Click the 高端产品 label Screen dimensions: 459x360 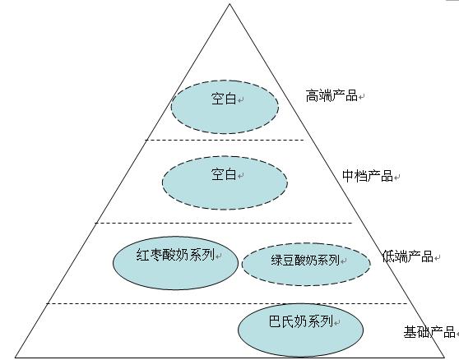coord(331,95)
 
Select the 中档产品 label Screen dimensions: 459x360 coord(368,176)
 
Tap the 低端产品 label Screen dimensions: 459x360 coord(407,256)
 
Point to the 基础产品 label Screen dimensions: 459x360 coord(429,332)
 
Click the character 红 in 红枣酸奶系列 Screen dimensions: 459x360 coord(142,255)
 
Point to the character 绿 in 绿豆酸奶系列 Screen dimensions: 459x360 coord(276,260)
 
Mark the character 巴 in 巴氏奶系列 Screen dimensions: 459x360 coord(275,321)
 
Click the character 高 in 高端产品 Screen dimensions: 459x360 coord(312,95)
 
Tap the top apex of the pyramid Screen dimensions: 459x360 coord(229,3)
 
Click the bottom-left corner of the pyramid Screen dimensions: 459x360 coord(16,357)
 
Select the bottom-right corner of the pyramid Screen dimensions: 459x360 coord(444,357)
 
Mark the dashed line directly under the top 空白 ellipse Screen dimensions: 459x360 coord(225,140)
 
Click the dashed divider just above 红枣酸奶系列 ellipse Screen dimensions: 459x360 coord(224,223)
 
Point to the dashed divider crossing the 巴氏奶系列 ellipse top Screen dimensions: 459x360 coord(227,303)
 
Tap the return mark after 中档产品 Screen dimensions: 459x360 coord(396,178)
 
